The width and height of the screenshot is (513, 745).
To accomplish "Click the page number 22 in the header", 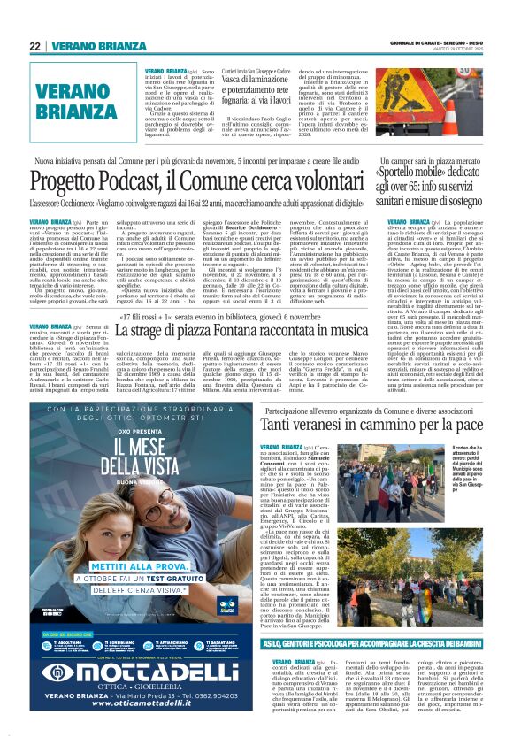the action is [35, 46].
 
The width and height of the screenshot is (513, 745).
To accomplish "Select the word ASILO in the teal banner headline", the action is [286, 643].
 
